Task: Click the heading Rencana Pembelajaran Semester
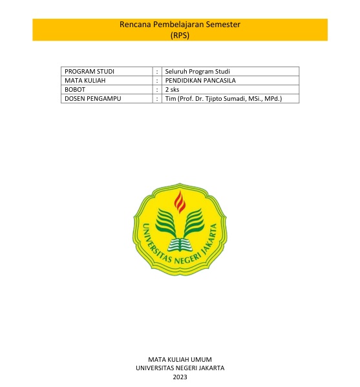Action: click(180, 25)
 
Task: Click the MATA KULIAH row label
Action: click(85, 80)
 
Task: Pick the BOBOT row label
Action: click(76, 89)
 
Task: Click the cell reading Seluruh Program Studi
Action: click(198, 71)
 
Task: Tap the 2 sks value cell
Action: click(172, 89)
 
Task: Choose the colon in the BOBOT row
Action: click(158, 89)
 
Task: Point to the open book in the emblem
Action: click(180, 244)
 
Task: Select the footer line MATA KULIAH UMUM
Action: click(180, 359)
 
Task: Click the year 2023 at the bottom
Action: click(180, 377)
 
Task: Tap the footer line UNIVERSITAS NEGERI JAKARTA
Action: click(180, 368)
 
